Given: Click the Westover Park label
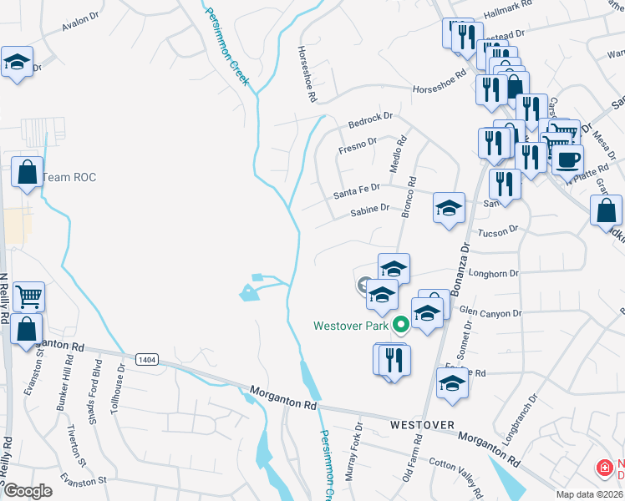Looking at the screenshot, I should point(352,326).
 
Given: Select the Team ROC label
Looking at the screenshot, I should point(69,177).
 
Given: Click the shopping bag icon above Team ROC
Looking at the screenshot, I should point(28,173).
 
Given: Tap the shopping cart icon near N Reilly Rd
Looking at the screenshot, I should point(28,296).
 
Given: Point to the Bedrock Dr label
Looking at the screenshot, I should point(370,122).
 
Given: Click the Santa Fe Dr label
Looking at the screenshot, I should point(357,192).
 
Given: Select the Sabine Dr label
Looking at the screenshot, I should point(370,210).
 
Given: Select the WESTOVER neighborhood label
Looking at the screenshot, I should point(422,426).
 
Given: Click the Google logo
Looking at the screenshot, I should point(28,491).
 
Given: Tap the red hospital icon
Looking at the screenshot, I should point(602,469).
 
